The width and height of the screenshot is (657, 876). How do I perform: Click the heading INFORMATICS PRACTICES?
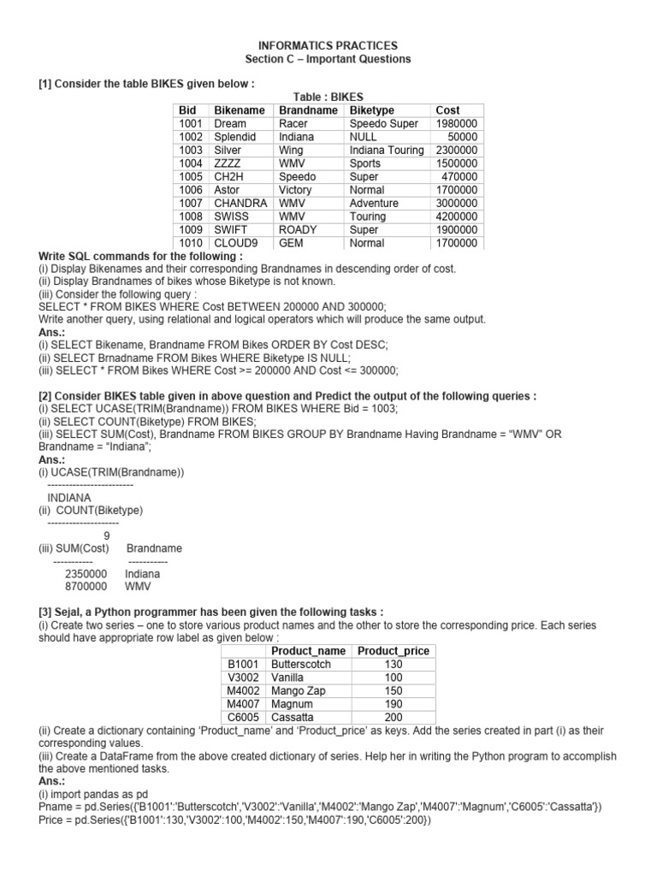click(328, 45)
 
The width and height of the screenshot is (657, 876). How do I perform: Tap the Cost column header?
click(447, 110)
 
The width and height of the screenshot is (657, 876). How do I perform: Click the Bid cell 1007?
click(191, 203)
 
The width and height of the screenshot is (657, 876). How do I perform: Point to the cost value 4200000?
click(457, 216)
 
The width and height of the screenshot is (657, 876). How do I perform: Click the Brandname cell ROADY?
click(298, 229)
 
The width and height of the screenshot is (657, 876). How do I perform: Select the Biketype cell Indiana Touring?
click(386, 150)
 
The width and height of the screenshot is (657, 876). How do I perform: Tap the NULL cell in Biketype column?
click(364, 137)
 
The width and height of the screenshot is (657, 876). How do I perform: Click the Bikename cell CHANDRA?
click(241, 203)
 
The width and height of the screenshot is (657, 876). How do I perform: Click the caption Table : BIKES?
click(328, 98)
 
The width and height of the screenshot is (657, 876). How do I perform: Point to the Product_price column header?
click(394, 651)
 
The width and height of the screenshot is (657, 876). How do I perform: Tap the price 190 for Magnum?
click(394, 704)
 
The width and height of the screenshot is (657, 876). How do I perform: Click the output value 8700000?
click(86, 587)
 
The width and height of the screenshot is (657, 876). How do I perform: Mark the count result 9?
click(106, 536)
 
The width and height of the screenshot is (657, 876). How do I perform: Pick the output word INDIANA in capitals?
click(70, 496)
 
